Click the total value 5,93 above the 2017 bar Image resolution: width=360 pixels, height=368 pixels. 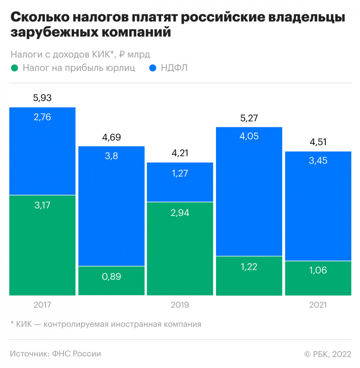(x=42, y=98)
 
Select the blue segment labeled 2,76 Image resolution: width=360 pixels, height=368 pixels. (x=42, y=151)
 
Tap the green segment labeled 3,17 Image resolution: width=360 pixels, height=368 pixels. (x=42, y=245)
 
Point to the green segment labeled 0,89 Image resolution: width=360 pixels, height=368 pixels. (x=111, y=281)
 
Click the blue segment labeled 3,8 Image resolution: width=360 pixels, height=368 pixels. (x=111, y=206)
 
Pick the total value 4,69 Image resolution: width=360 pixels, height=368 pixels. (x=111, y=138)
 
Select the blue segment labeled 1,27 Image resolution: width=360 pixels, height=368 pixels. (x=180, y=182)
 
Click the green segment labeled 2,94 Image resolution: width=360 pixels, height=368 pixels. (x=180, y=248)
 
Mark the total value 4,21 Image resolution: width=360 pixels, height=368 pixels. (x=180, y=153)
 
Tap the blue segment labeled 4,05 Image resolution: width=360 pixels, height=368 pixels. (x=249, y=191)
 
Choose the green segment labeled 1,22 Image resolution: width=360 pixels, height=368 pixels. (x=249, y=276)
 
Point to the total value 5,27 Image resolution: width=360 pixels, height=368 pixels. (x=249, y=118)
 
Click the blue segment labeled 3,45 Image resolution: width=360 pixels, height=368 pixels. (x=318, y=206)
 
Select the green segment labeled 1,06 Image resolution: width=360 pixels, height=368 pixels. (x=318, y=278)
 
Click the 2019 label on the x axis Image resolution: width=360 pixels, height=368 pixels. (x=180, y=305)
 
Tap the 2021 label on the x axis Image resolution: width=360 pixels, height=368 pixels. (x=318, y=305)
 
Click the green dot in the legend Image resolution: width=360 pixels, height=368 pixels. (x=15, y=68)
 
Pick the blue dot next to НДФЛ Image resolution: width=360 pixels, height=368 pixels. (x=153, y=68)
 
